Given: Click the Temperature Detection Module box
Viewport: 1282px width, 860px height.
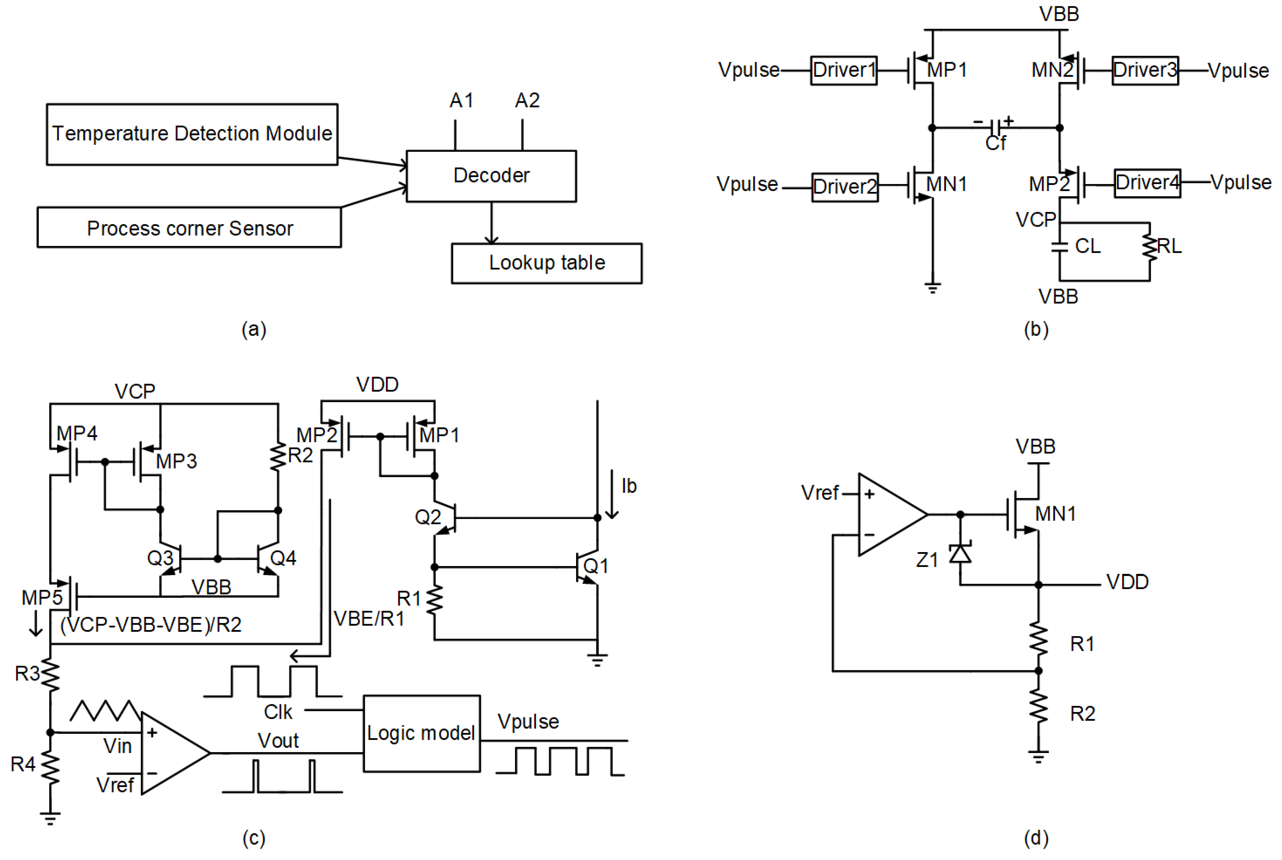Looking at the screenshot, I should click(x=192, y=134).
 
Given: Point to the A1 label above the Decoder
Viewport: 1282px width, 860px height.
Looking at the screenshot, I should click(x=461, y=100).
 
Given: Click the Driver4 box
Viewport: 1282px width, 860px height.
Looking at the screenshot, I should click(x=1147, y=183).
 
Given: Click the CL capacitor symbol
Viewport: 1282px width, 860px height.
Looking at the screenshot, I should click(x=1059, y=247).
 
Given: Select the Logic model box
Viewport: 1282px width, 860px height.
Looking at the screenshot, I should click(x=421, y=733).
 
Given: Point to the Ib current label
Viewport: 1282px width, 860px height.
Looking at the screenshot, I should click(x=628, y=486).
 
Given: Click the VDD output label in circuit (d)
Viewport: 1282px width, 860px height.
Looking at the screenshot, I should click(x=1127, y=582).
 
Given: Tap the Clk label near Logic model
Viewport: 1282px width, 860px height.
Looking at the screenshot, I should click(x=278, y=712).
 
